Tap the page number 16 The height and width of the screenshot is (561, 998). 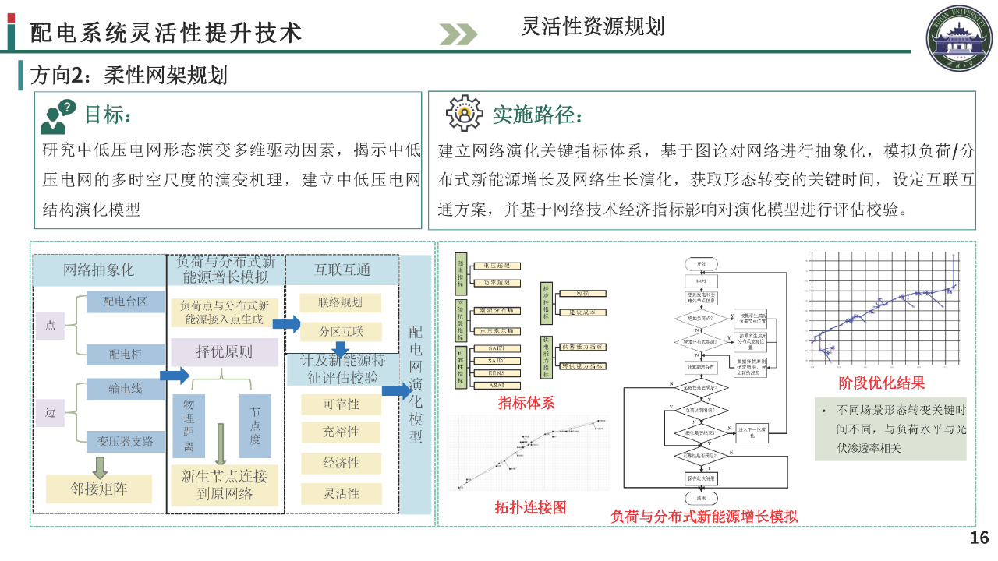point(979,538)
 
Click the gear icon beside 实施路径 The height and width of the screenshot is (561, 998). point(465,114)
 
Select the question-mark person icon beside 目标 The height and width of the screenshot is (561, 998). point(58,116)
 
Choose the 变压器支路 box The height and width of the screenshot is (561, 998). point(126,442)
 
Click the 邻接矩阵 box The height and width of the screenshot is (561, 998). point(99,489)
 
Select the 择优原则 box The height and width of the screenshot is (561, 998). point(224,352)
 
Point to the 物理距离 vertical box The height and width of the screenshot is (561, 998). point(189,425)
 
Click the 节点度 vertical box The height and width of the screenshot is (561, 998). point(255,425)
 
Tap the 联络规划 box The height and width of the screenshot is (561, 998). point(341,302)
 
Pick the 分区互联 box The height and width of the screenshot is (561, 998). point(341,331)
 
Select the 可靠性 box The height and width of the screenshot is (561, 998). point(341,404)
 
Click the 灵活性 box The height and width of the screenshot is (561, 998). point(341,493)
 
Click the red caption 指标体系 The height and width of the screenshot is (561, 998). point(526,403)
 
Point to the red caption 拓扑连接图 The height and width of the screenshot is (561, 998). point(530,507)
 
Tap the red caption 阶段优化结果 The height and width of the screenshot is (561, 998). point(882,383)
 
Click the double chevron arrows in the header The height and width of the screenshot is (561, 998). point(458,34)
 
